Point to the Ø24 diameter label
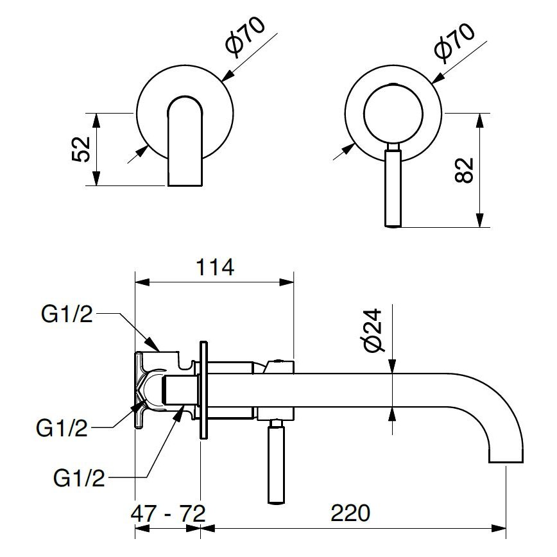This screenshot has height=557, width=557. [372, 330]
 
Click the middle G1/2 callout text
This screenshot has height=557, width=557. [62, 429]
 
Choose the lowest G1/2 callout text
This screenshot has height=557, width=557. [79, 479]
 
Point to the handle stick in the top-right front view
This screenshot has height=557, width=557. [393, 186]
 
